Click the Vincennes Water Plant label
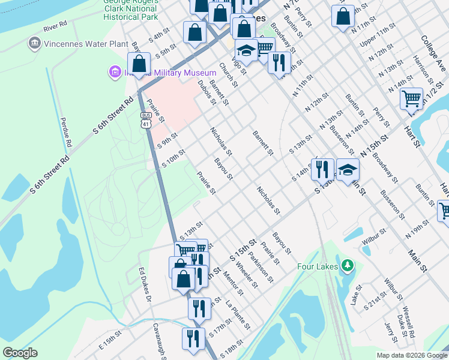pyautogui.click(x=85, y=44)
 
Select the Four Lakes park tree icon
pyautogui.click(x=346, y=265)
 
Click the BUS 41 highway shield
pyautogui.click(x=146, y=120)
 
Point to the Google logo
pyautogui.click(x=20, y=353)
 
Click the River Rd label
pyautogui.click(x=55, y=28)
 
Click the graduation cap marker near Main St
pyautogui.click(x=348, y=170)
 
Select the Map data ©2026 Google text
pyautogui.click(x=412, y=355)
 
